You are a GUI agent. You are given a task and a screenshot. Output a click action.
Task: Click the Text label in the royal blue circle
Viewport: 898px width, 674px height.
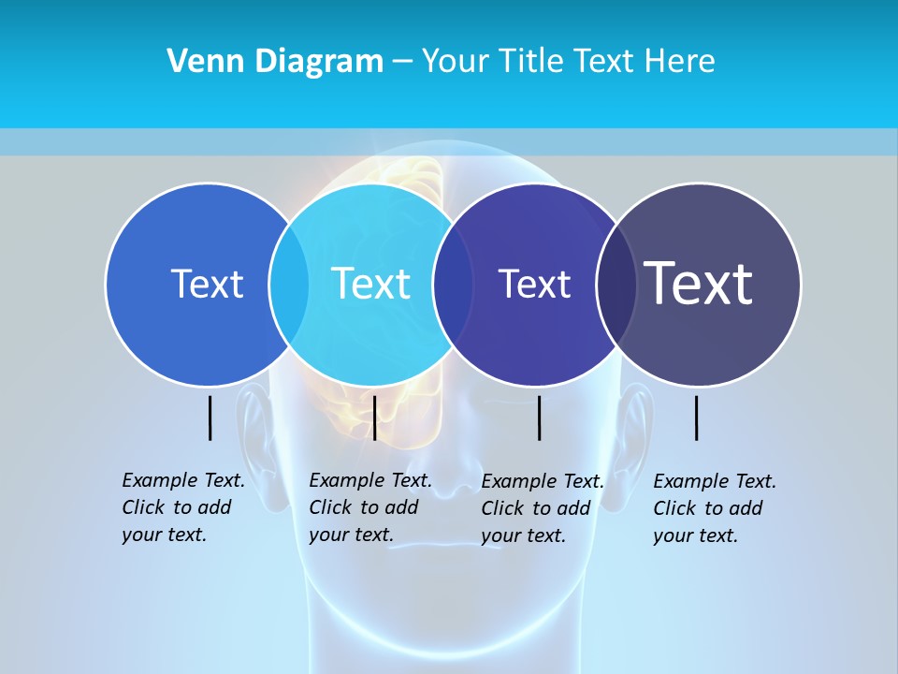click(x=207, y=284)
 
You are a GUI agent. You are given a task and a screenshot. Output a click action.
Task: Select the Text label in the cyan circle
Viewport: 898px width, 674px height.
click(x=370, y=284)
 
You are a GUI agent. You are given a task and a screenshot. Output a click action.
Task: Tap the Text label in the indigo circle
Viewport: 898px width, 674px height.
click(x=534, y=285)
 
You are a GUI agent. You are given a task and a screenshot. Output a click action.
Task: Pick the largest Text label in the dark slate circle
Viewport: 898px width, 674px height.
click(x=699, y=283)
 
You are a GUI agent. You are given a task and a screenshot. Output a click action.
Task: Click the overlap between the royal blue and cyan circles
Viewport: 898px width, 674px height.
click(x=289, y=285)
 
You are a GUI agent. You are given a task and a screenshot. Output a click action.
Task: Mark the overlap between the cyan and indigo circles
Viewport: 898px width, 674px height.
click(x=453, y=285)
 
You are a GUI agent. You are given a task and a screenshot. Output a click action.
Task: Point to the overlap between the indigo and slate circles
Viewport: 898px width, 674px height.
click(x=616, y=285)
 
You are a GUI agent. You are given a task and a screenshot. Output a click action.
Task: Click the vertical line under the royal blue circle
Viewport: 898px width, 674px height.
click(x=210, y=418)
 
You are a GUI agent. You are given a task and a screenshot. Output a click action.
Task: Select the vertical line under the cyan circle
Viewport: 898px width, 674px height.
click(x=374, y=418)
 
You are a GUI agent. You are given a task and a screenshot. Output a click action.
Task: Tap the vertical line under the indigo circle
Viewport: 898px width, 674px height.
click(x=539, y=418)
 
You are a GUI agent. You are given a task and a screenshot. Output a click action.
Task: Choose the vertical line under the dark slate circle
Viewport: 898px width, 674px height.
click(x=696, y=418)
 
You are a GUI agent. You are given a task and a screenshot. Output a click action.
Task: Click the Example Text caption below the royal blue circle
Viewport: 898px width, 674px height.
click(x=183, y=507)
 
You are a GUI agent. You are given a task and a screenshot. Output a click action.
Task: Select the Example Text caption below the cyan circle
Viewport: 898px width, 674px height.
click(x=370, y=507)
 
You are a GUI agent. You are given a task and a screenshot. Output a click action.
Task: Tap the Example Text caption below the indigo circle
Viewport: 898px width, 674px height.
click(x=543, y=508)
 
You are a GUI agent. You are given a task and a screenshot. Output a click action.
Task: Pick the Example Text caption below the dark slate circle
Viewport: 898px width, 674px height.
click(x=715, y=508)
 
